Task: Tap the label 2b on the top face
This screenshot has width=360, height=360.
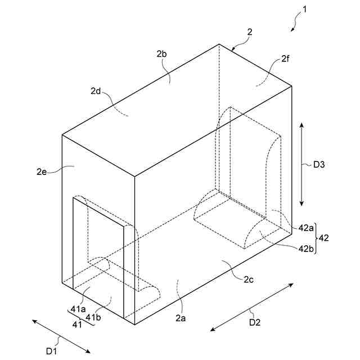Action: [162, 55]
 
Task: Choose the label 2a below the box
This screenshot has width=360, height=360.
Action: [180, 318]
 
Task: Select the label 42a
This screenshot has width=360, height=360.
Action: [306, 228]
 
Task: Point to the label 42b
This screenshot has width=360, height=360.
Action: [306, 248]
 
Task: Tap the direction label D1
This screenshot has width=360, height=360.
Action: [52, 352]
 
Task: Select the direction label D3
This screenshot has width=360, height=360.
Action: [319, 165]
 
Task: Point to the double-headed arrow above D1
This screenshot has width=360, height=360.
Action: [61, 336]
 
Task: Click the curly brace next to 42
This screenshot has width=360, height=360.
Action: [317, 238]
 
